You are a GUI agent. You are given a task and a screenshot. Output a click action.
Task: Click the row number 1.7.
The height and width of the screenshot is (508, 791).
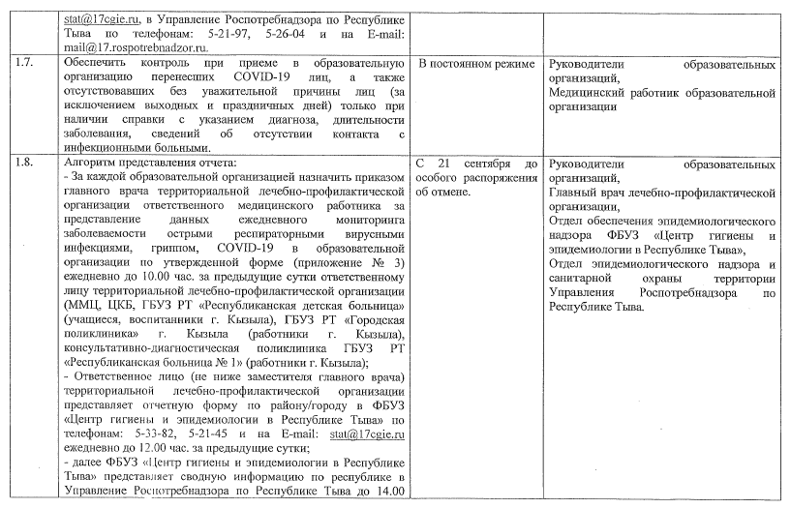pyautogui.click(x=27, y=64)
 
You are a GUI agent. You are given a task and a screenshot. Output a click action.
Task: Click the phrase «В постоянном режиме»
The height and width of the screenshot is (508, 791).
pyautogui.click(x=475, y=64)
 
